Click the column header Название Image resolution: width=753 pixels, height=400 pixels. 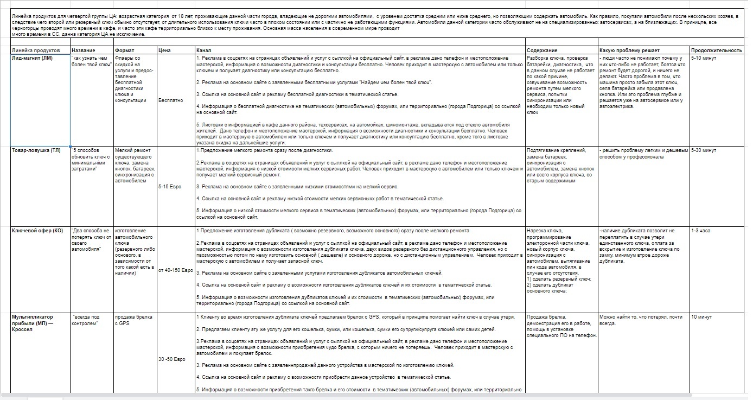(83, 50)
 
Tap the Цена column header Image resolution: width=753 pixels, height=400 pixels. (164, 50)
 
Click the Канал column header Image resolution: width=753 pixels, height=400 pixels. (203, 50)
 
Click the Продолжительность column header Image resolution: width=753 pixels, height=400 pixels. (716, 50)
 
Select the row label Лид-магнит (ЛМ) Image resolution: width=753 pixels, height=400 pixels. (32, 58)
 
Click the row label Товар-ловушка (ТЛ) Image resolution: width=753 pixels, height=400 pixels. (36, 150)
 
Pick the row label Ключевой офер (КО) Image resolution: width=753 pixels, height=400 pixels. (37, 231)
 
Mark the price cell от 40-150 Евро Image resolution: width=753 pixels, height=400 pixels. (176, 270)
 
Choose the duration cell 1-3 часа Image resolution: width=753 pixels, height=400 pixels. (701, 231)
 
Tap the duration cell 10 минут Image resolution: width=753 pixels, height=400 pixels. (702, 316)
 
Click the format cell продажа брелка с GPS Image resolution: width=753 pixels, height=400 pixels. (133, 320)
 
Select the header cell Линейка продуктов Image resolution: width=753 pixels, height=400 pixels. (33, 50)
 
